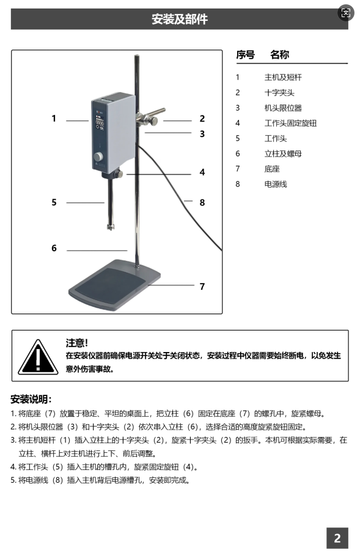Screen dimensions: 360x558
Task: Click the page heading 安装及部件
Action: (180, 19)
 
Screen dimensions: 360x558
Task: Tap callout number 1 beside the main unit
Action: (54, 119)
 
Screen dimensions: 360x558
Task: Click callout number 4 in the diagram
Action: (202, 172)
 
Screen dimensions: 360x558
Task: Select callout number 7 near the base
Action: (202, 287)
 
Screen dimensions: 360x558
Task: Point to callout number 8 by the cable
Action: (202, 202)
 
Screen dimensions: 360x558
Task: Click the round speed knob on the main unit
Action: (98, 156)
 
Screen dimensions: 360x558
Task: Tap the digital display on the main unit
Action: (100, 123)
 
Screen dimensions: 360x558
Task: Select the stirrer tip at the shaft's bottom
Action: (112, 226)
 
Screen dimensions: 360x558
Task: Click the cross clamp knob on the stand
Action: (153, 120)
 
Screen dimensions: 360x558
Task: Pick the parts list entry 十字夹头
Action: (279, 93)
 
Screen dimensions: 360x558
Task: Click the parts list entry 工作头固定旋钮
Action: (290, 123)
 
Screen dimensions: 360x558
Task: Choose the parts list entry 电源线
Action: (275, 185)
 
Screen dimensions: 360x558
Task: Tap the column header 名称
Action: (279, 55)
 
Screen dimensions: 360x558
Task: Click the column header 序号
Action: (246, 55)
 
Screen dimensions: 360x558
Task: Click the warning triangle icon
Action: (38, 357)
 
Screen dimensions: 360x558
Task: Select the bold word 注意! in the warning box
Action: (77, 343)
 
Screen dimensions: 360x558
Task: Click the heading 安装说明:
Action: (31, 399)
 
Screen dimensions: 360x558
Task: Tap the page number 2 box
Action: (337, 538)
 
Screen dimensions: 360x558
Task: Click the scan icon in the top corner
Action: (345, 13)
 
